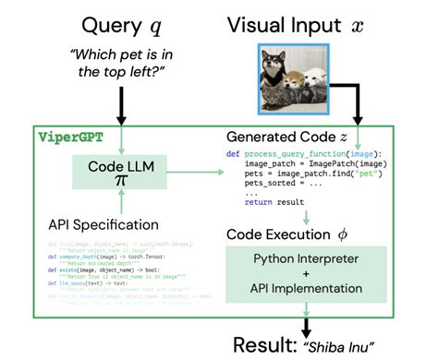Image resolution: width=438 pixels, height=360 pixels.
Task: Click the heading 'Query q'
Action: pos(120,24)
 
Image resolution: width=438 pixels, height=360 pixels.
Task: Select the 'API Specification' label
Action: pos(104,223)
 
